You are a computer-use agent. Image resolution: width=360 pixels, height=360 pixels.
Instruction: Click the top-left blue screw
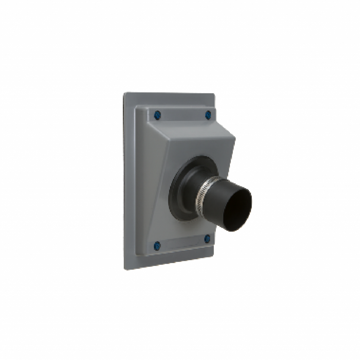(x=157, y=114)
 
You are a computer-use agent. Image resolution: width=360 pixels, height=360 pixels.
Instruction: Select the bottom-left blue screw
(x=157, y=244)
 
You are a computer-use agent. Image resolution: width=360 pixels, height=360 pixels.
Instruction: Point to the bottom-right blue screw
(x=207, y=238)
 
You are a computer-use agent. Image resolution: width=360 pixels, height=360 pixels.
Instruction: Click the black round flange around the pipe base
(x=176, y=197)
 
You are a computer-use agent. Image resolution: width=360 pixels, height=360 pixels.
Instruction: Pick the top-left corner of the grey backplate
(x=124, y=93)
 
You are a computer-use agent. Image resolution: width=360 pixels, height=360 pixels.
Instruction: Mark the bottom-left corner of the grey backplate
(x=124, y=269)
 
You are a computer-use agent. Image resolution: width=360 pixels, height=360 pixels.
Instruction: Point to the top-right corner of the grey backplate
(x=213, y=93)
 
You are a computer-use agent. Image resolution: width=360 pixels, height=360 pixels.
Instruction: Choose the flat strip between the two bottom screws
(x=183, y=243)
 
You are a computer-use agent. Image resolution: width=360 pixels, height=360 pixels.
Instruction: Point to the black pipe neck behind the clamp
(x=192, y=192)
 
